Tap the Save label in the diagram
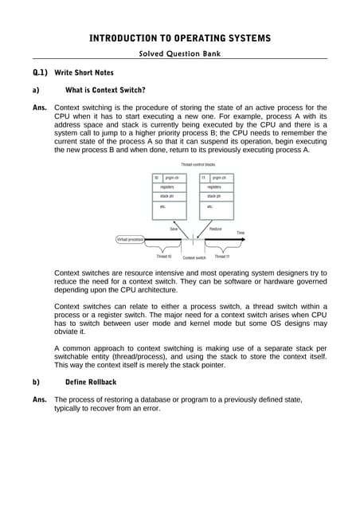[173, 229]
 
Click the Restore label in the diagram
[215, 229]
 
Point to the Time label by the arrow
[240, 233]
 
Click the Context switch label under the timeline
[194, 257]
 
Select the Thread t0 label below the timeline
[164, 257]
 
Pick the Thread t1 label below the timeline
[221, 257]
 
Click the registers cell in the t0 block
[168, 186]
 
